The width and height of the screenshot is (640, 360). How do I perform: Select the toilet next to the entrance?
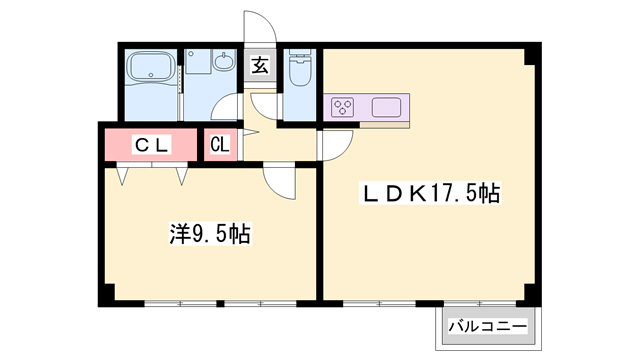tap(299, 67)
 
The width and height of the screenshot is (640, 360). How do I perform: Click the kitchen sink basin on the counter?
tap(385, 106)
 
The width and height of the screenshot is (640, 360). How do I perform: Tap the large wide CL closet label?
tap(153, 144)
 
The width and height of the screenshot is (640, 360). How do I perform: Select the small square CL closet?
tap(220, 144)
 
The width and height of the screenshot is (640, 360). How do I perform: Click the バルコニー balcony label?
tap(486, 326)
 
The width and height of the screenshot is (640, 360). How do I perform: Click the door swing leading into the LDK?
tap(334, 146)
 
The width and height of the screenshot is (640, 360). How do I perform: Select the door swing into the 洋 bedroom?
tap(281, 180)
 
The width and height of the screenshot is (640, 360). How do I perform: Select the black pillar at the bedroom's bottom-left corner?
tap(104, 296)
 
